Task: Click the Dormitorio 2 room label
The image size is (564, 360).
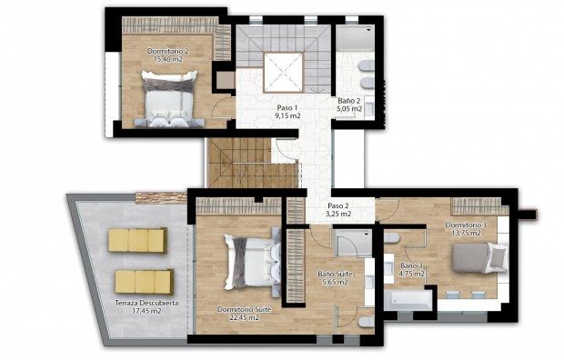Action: pos(167,52)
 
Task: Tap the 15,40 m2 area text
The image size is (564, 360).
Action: pos(167,60)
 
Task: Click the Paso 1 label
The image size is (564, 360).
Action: pos(288,107)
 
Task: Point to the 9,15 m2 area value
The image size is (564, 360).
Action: pos(288,115)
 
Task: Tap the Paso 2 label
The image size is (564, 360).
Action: pos(339,205)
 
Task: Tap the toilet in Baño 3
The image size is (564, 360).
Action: pos(392,238)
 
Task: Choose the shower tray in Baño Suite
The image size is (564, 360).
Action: pos(347,243)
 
